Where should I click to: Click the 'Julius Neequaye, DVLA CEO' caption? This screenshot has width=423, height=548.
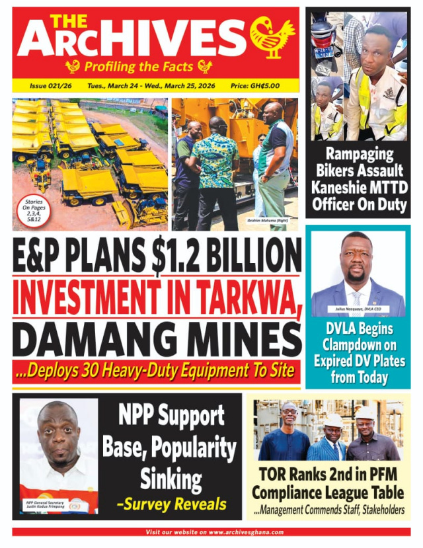(357, 309)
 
